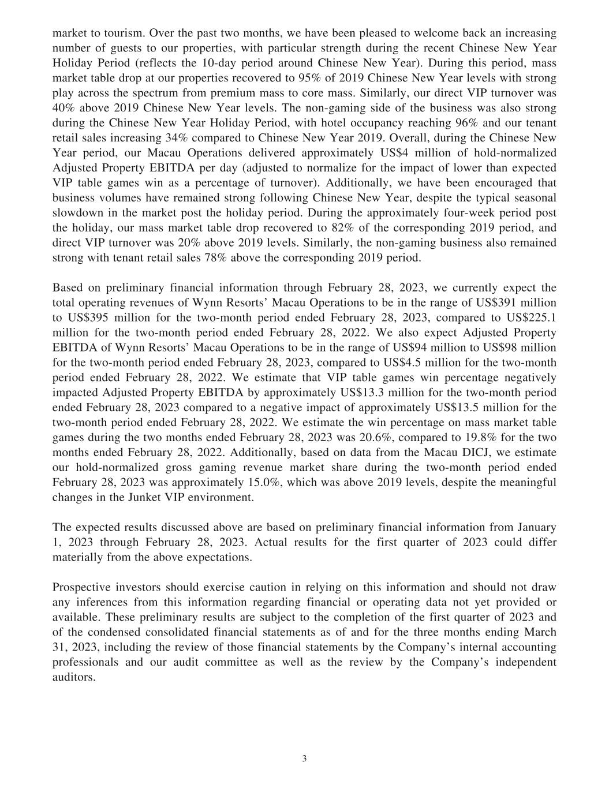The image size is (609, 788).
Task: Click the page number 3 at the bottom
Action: pyautogui.click(x=304, y=759)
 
